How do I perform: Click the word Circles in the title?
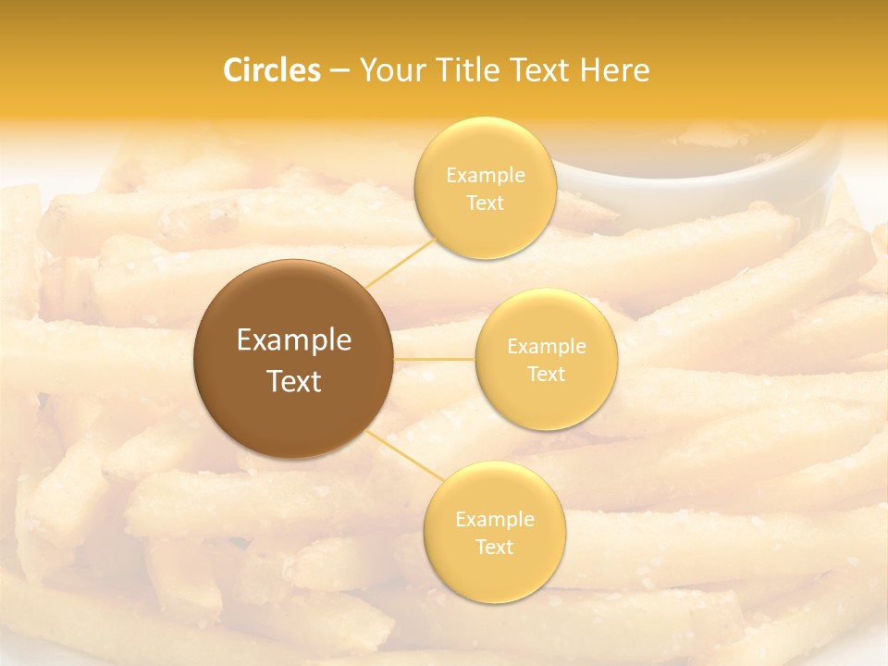271,70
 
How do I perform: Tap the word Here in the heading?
614,70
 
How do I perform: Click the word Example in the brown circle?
293,340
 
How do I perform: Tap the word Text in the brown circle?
293,381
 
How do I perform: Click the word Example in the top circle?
485,176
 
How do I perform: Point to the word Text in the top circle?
485,203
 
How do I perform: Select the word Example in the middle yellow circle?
546,347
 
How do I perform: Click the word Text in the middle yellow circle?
546,374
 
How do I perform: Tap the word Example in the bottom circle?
494,520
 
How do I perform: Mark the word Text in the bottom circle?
494,547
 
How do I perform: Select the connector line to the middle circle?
435,359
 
